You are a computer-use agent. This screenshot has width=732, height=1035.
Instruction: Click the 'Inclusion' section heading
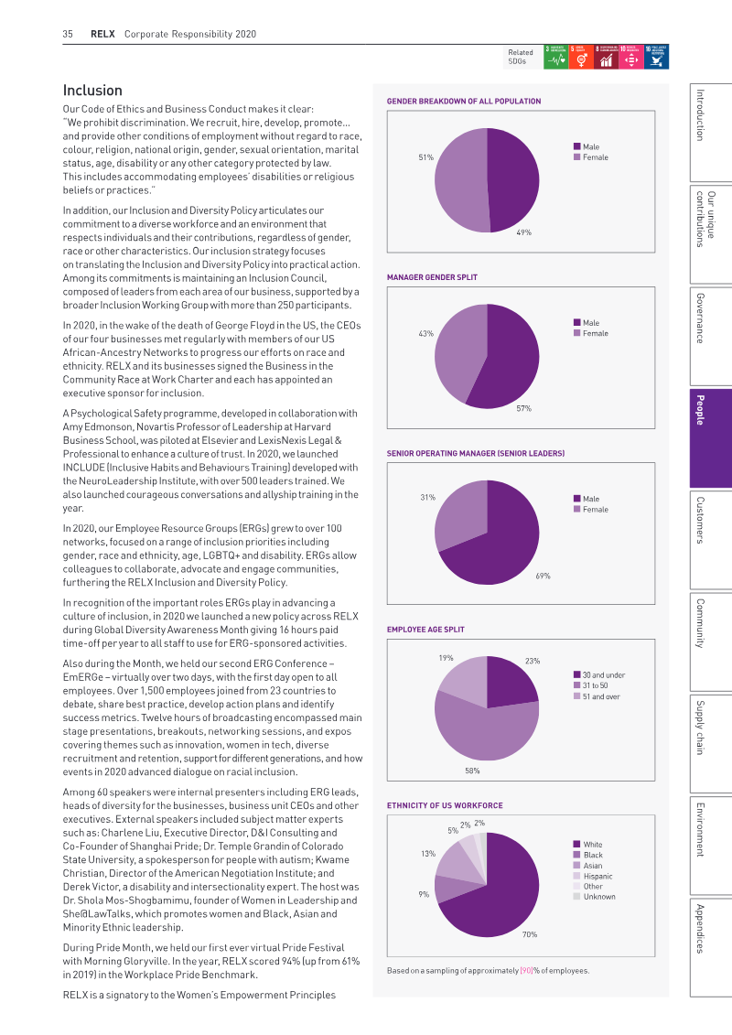pos(92,91)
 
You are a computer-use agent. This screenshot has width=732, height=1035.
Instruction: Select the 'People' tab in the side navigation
pos(710,437)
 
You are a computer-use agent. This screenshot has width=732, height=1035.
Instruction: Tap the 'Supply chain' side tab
pos(710,742)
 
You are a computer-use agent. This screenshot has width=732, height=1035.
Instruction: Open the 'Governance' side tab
pos(710,336)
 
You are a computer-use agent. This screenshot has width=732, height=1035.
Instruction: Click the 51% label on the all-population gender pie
pos(425,157)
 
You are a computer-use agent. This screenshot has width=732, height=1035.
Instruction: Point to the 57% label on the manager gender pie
pos(523,408)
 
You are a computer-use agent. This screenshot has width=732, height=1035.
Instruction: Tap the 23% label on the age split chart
pos(532,661)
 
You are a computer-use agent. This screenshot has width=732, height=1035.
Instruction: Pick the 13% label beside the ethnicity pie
pos(427,854)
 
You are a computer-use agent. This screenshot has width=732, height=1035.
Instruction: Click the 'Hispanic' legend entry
pos(593,877)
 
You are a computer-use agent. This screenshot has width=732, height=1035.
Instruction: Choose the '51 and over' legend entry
pos(597,696)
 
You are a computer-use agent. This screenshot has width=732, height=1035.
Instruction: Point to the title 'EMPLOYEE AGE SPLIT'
pos(425,630)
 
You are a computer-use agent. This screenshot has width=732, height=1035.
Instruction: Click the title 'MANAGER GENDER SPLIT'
pos(432,277)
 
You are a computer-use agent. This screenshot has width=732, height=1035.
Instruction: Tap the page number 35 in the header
pos(68,34)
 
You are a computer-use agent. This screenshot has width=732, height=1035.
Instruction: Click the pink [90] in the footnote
pos(526,971)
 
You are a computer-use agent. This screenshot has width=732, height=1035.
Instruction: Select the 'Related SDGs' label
pos(520,57)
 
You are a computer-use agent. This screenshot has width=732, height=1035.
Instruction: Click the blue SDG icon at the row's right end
pos(656,57)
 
